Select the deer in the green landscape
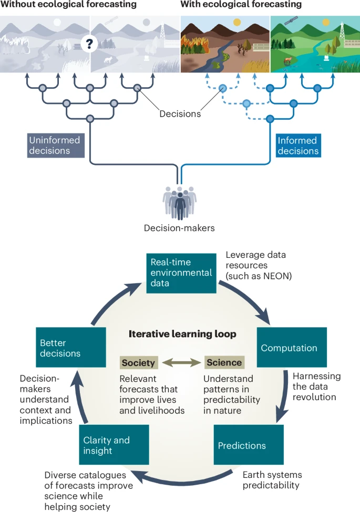pos(286,61)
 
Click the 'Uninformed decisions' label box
pos(56,145)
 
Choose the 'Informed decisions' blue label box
pos(297,145)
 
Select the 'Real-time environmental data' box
pos(181,273)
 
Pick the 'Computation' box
pos(292,348)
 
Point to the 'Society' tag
pos(139,362)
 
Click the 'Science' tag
pos(224,362)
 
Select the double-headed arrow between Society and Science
pos(181,362)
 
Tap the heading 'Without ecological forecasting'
pos(68,5)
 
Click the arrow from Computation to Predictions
pos(283,399)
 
